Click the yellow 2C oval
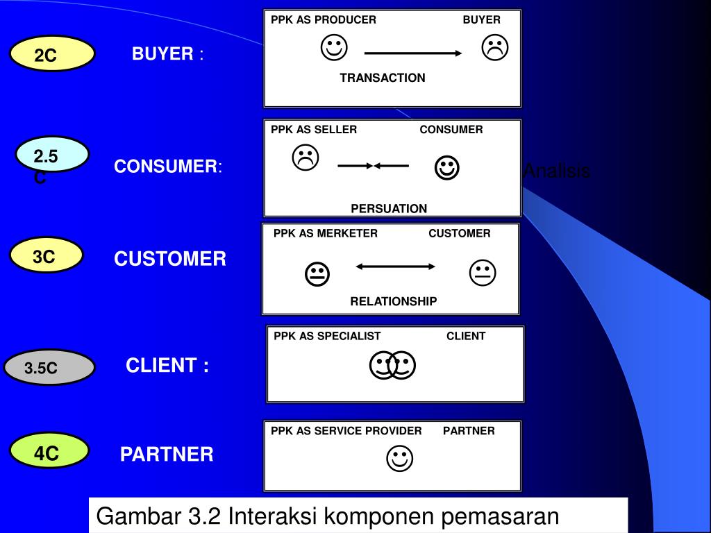(x=53, y=54)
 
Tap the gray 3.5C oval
(x=49, y=368)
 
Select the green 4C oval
(x=49, y=453)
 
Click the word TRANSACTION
(x=383, y=78)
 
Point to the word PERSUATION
(x=389, y=208)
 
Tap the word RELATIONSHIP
(x=394, y=301)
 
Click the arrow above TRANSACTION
(x=413, y=53)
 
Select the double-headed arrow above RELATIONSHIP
(x=395, y=266)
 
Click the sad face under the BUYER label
(x=495, y=48)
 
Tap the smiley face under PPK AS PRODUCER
(x=335, y=48)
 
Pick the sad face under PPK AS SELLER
(x=305, y=158)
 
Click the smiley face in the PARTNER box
(x=399, y=458)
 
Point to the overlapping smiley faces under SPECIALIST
(x=392, y=365)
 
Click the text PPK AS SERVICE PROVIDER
(x=346, y=430)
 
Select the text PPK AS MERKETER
(x=326, y=233)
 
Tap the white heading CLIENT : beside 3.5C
(x=167, y=366)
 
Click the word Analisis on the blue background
(x=557, y=171)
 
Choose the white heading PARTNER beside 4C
(x=167, y=455)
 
